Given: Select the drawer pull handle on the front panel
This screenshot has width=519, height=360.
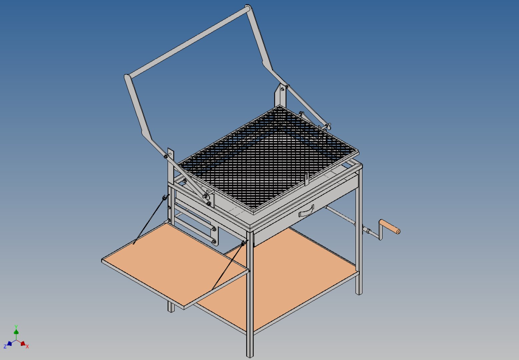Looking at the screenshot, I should point(306,211).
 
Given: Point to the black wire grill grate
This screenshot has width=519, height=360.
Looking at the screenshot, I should point(267,157).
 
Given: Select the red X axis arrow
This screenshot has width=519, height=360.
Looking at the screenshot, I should point(22,343).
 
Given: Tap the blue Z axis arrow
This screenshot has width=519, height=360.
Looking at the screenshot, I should point(9,344).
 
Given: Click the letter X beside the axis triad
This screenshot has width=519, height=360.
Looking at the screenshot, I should point(27,347).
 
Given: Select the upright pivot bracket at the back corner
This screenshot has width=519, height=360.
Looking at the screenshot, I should point(280,95).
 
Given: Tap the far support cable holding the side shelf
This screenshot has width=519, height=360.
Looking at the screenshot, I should point(150,220).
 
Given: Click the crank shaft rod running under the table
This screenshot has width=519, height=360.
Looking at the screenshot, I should point(340,215).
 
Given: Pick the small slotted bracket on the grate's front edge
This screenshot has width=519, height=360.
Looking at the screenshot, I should point(307,179).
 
